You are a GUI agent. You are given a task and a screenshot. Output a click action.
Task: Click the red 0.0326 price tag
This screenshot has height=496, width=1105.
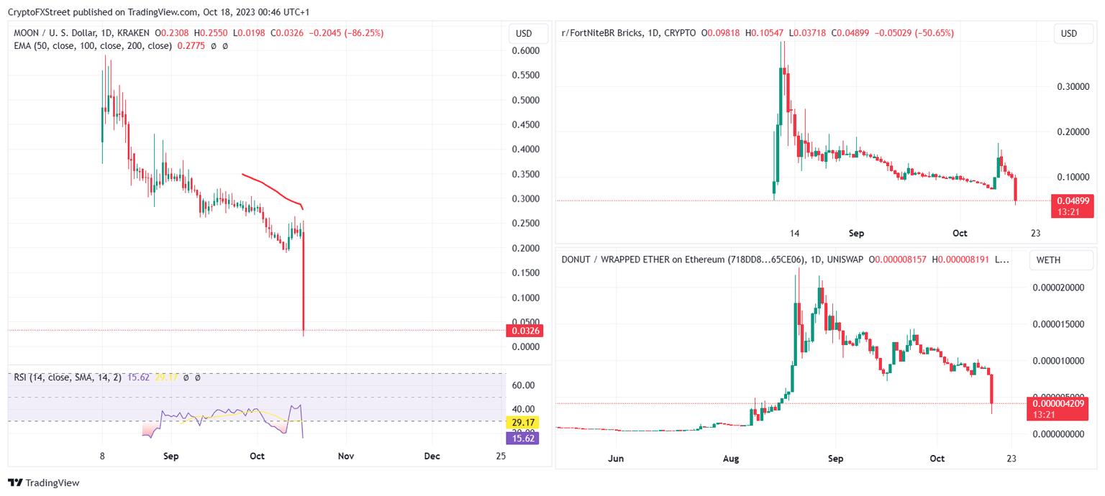point(524,331)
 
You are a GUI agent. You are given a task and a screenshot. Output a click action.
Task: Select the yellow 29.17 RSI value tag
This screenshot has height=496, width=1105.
point(523,423)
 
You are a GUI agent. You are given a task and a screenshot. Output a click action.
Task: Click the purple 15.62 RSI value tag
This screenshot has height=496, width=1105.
point(523,437)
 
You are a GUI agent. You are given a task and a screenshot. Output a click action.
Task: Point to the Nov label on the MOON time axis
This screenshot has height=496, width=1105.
point(345,456)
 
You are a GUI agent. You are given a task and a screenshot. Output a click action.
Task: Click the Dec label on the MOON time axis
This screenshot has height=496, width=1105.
point(432,456)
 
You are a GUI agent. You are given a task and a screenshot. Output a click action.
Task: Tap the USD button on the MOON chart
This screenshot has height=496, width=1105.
point(524,34)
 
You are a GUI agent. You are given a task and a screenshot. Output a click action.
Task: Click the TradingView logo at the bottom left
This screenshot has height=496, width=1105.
point(44,483)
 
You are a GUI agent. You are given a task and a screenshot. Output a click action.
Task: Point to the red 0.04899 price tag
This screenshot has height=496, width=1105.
point(1072,201)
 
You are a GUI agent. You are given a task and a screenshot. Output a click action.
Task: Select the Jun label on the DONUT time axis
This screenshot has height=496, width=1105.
point(614,458)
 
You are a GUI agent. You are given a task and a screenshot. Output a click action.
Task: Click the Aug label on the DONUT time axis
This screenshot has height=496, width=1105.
point(731,458)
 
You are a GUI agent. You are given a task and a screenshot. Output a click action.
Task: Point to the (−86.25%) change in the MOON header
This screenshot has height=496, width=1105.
point(364,33)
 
